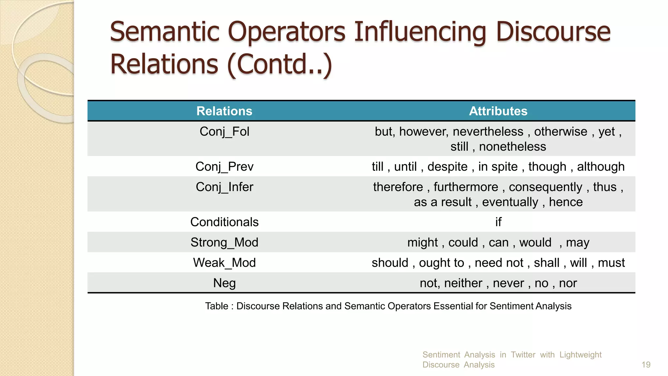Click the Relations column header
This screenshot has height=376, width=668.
pyautogui.click(x=224, y=111)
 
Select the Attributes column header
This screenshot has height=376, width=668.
pyautogui.click(x=498, y=111)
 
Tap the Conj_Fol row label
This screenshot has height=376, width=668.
pyautogui.click(x=224, y=132)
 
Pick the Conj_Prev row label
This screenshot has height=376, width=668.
pyautogui.click(x=224, y=167)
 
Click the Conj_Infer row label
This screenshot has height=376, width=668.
pyautogui.click(x=224, y=187)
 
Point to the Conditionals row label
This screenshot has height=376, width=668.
pyautogui.click(x=224, y=222)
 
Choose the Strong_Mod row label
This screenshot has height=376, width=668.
pyautogui.click(x=224, y=243)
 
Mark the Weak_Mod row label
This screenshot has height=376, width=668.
pyautogui.click(x=224, y=263)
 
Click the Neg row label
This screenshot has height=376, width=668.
pyautogui.click(x=224, y=283)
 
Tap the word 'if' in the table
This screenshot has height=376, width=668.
pyautogui.click(x=498, y=222)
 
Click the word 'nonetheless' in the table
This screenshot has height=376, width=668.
pyautogui.click(x=512, y=147)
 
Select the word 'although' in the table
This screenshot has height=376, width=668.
pyautogui.click(x=601, y=167)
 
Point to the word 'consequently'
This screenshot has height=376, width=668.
pyautogui.click(x=545, y=187)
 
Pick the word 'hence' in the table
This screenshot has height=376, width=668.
pyautogui.click(x=566, y=202)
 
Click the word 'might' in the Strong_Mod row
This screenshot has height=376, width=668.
pyautogui.click(x=422, y=243)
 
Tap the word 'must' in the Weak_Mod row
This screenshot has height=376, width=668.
pyautogui.click(x=611, y=263)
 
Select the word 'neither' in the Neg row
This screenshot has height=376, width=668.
pyautogui.click(x=463, y=283)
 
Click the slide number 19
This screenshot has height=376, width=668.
pyautogui.click(x=646, y=365)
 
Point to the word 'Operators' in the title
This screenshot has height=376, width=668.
pyautogui.click(x=286, y=32)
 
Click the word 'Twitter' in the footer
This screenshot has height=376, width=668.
pyautogui.click(x=523, y=355)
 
